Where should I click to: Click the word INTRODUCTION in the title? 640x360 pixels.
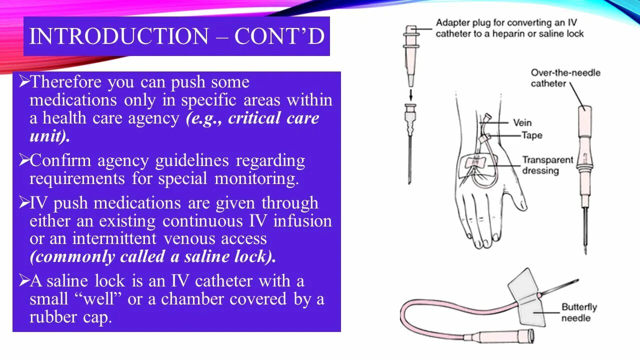(119, 37)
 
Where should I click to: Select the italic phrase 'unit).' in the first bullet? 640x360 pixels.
(49, 136)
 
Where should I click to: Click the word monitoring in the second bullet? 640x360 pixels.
(256, 178)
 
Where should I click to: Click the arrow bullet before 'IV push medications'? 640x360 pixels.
(23, 202)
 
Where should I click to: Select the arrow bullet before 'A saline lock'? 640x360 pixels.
(23, 280)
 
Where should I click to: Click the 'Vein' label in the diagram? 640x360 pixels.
(522, 122)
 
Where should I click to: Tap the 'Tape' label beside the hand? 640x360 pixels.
(531, 135)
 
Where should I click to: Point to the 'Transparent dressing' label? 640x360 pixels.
(547, 165)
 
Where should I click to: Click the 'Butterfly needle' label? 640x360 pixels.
(578, 312)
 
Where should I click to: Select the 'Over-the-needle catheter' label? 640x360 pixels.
(565, 78)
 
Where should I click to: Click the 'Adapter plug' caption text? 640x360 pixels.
(509, 28)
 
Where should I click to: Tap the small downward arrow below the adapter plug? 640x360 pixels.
(410, 94)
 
